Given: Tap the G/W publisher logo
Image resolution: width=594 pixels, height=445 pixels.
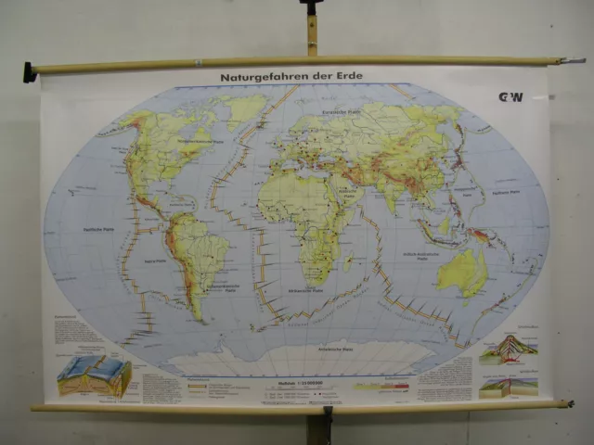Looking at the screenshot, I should coord(511,96).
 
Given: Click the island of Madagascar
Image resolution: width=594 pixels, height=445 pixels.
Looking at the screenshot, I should coord(350,262).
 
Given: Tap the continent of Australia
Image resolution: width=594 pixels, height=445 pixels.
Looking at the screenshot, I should coord(461,270).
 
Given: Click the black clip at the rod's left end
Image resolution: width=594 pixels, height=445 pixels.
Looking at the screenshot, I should coord(30,71).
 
